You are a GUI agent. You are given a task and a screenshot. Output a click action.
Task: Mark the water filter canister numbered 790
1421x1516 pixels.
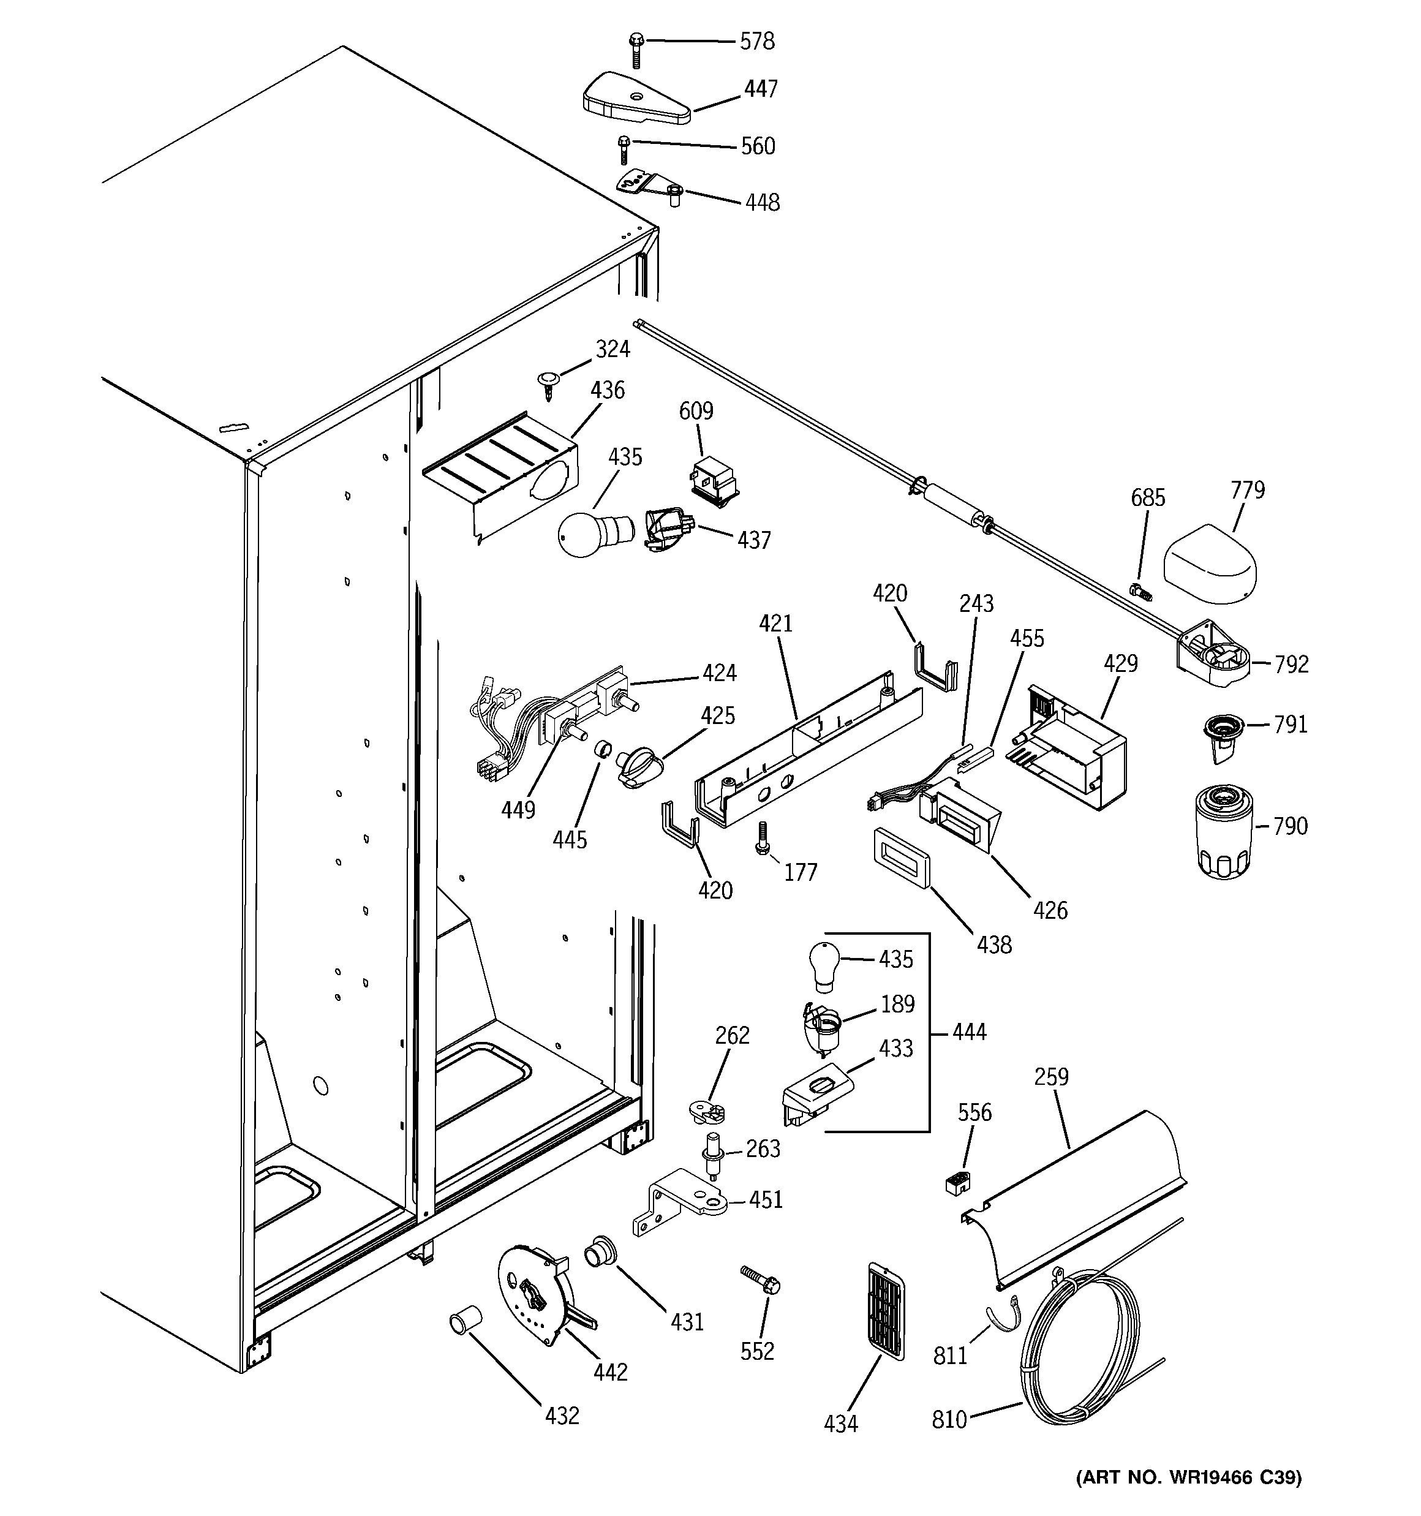[1223, 834]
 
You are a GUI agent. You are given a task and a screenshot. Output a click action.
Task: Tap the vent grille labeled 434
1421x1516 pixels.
[886, 1317]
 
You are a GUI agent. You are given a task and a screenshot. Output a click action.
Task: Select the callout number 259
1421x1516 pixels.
[1051, 1077]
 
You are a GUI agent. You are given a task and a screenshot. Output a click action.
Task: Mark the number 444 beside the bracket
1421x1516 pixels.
[969, 1033]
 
